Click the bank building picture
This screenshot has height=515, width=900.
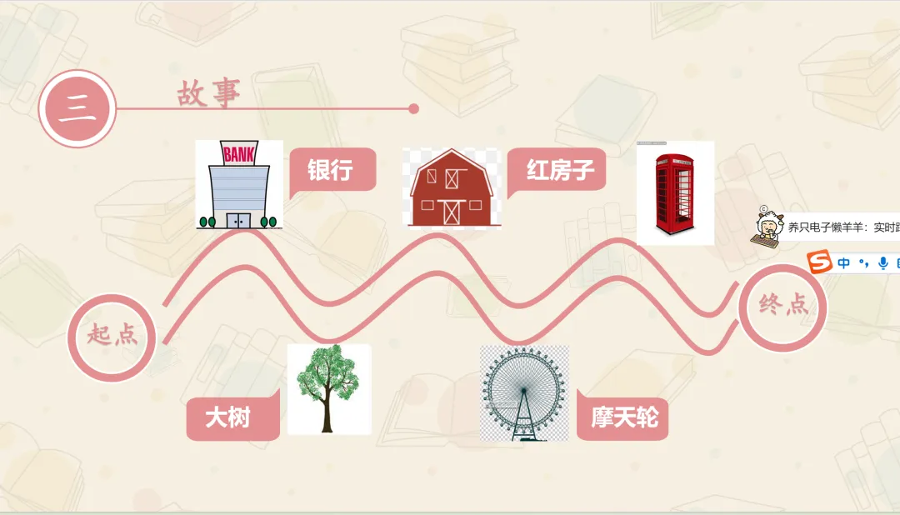(239, 185)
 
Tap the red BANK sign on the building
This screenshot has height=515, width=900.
(239, 152)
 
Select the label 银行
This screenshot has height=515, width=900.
(331, 170)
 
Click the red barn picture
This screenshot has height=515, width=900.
(451, 187)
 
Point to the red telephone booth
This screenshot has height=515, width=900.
(675, 193)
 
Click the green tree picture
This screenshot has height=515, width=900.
(328, 388)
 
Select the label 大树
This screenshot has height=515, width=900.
(228, 416)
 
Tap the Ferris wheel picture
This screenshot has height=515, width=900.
(524, 392)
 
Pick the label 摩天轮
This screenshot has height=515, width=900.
(624, 416)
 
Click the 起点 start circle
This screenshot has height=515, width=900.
(112, 337)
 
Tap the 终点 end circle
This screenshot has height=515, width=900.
(783, 305)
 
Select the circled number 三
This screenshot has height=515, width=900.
(77, 109)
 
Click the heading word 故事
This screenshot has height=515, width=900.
(208, 93)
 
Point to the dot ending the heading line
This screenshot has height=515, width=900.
(414, 108)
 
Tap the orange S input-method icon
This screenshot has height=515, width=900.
(821, 263)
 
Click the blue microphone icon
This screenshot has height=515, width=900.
(882, 263)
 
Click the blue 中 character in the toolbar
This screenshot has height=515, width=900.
(844, 263)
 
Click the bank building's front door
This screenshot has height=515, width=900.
(239, 220)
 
